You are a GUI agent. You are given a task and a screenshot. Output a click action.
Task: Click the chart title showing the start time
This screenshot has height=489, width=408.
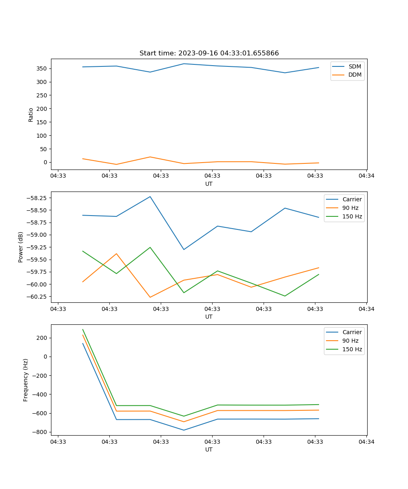click(x=209, y=53)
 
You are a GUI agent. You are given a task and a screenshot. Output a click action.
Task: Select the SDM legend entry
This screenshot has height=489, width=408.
click(x=355, y=66)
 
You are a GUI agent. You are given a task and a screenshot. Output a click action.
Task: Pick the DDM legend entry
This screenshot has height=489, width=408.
click(x=355, y=75)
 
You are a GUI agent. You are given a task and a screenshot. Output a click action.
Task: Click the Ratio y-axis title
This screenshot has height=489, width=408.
click(x=31, y=115)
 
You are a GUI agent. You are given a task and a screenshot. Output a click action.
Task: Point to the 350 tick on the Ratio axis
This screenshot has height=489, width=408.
click(x=42, y=68)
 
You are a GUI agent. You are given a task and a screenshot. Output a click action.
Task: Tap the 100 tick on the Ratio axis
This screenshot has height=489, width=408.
click(x=42, y=135)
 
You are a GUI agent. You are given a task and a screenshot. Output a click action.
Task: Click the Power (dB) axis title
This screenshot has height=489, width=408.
click(x=21, y=247)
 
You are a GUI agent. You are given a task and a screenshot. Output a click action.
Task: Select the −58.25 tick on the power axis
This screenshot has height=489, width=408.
click(x=37, y=198)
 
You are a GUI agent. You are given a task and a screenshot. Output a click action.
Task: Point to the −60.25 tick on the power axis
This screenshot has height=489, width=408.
click(x=37, y=296)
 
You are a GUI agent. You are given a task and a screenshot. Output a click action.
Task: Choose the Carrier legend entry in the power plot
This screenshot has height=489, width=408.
click(x=352, y=199)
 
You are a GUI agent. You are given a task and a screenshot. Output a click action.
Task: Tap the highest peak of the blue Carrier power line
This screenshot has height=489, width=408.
click(x=150, y=196)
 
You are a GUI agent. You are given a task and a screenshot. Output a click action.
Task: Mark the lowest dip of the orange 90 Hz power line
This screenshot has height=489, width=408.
click(x=150, y=297)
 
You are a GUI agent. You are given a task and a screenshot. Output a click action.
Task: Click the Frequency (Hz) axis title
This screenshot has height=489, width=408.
click(x=26, y=380)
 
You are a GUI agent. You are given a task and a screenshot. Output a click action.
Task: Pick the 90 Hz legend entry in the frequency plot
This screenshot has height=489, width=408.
click(x=350, y=341)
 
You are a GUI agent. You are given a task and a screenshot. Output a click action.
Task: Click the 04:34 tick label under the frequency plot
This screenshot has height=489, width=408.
click(x=366, y=442)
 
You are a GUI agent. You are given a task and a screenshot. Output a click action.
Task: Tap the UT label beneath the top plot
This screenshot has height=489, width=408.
click(x=209, y=184)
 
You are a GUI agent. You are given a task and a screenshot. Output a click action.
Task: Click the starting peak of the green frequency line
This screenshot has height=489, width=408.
click(x=83, y=329)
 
